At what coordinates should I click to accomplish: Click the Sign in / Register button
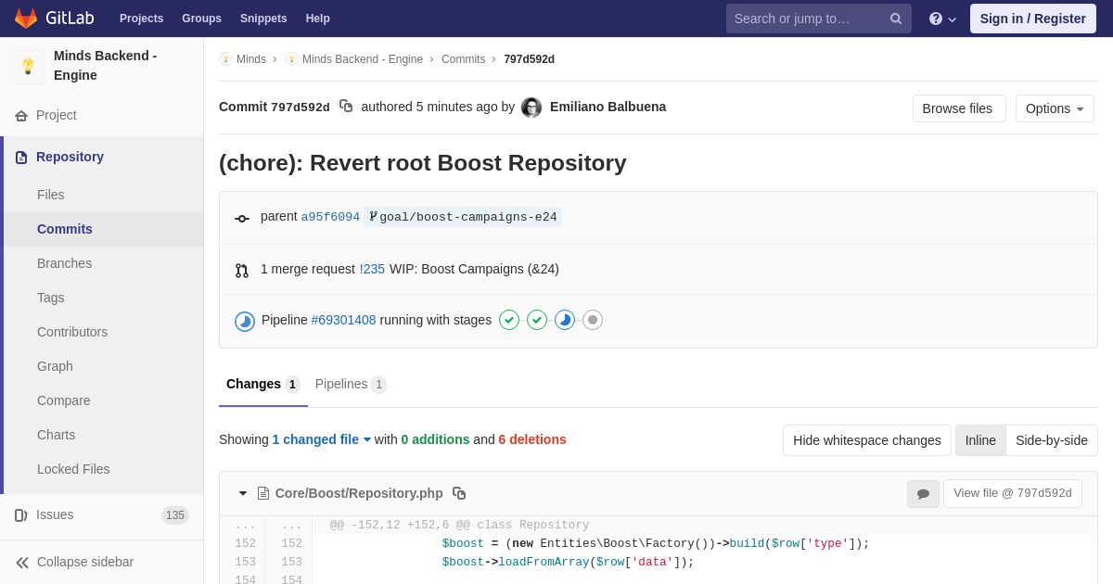(x=1032, y=19)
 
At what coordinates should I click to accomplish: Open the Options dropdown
(x=1055, y=108)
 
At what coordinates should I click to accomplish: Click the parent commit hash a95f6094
(x=330, y=217)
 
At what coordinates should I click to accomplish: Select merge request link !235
(x=372, y=269)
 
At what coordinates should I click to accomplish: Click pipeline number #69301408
(x=343, y=320)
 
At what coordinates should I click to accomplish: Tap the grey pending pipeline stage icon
(x=593, y=320)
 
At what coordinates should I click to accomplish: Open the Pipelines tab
(x=351, y=385)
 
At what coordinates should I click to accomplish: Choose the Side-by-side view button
(x=1052, y=440)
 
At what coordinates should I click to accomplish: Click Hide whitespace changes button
(x=866, y=440)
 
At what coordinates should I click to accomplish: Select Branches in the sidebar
(x=65, y=263)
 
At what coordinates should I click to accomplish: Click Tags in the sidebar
(x=51, y=298)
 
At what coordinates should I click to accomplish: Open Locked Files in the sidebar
(x=73, y=469)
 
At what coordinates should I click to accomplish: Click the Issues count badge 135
(x=175, y=515)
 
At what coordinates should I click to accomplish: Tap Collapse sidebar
(x=74, y=562)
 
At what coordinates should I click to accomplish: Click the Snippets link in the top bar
(x=263, y=19)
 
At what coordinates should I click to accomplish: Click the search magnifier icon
(x=895, y=19)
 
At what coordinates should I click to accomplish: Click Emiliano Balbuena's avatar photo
(x=531, y=108)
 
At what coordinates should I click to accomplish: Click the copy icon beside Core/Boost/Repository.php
(x=458, y=493)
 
